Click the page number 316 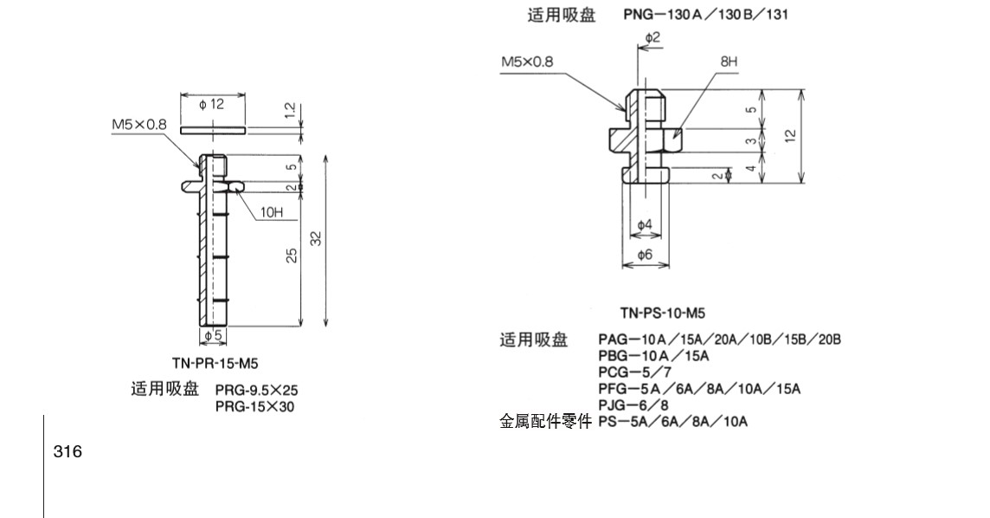[x=67, y=451]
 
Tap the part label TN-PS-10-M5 [x=656, y=313]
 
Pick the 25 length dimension [x=292, y=255]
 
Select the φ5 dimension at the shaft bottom [x=212, y=335]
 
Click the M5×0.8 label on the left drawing [x=138, y=125]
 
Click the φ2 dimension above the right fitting [x=652, y=37]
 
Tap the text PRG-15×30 [x=255, y=405]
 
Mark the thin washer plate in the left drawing [x=213, y=130]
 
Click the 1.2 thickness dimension [x=291, y=112]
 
